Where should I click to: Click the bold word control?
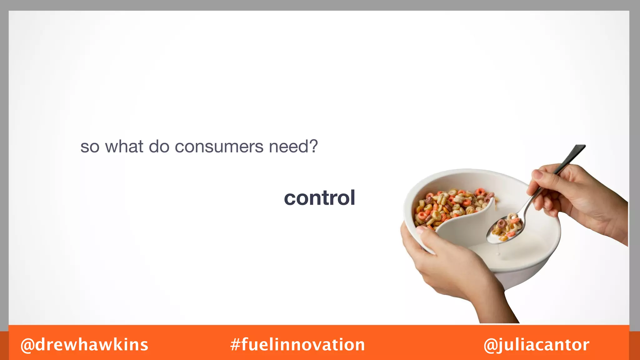319,198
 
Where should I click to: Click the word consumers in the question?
219,147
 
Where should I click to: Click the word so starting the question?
90,147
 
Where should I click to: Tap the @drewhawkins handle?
84,345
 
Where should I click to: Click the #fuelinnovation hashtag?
297,345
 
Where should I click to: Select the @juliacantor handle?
536,345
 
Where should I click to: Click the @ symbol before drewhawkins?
27,345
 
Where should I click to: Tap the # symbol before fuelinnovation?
235,345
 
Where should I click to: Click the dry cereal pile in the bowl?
450,206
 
